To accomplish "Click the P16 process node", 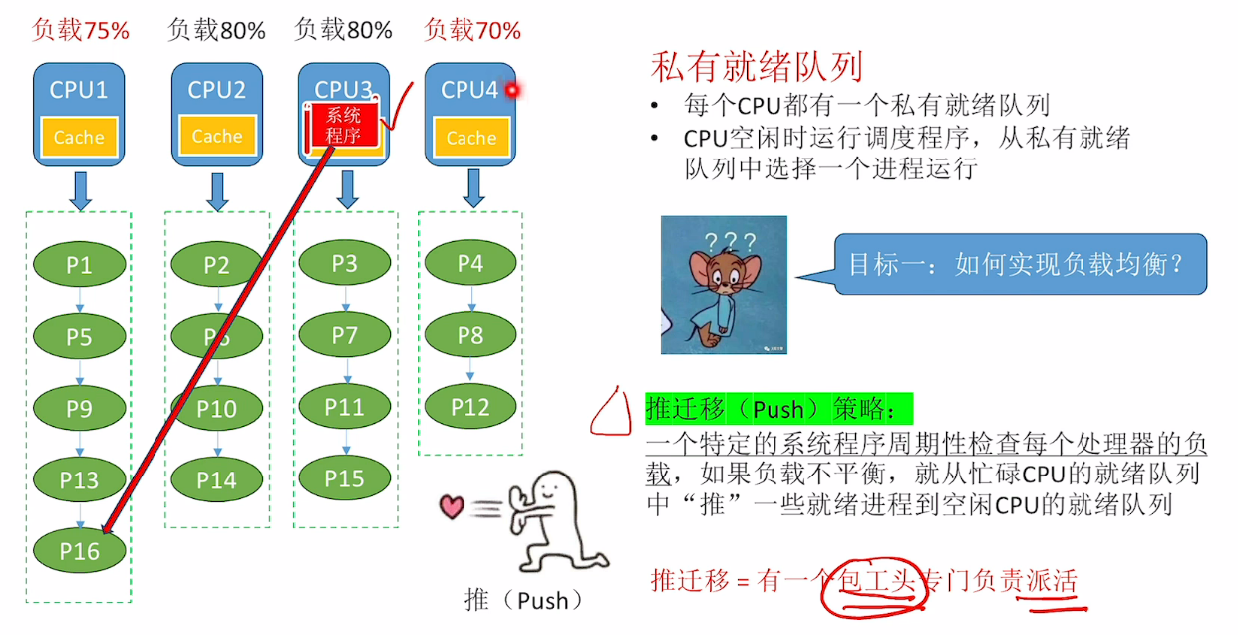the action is click(x=80, y=550).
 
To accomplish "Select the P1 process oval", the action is click(x=80, y=265).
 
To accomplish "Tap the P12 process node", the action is click(x=470, y=407).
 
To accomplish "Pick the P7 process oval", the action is click(x=345, y=335).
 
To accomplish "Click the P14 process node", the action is click(x=216, y=479).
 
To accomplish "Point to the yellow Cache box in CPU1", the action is click(x=79, y=138).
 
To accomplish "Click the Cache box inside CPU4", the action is click(x=470, y=138).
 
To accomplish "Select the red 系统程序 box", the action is click(x=343, y=125).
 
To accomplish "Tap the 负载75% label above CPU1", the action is click(x=81, y=31).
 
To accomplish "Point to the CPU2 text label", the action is click(x=216, y=90).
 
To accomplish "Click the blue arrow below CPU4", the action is click(x=474, y=187).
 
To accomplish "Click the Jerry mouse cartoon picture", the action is click(x=724, y=284).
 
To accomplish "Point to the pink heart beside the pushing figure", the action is click(x=452, y=507).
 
